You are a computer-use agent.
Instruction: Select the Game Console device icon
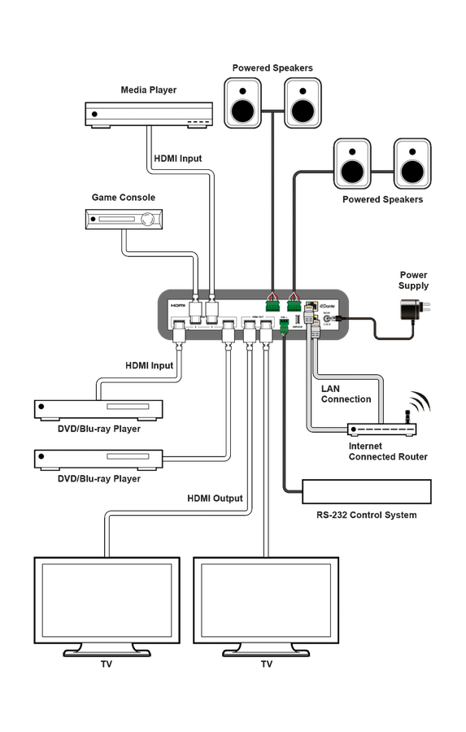coord(124,218)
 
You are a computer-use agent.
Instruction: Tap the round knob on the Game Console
coord(148,218)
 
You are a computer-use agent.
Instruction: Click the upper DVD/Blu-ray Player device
coord(98,409)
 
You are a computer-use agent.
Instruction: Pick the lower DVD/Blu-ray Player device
coord(98,459)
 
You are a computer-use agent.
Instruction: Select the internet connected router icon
coord(381,429)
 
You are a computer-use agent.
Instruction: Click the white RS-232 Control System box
coord(366,492)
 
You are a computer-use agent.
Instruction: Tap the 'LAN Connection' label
coord(346,394)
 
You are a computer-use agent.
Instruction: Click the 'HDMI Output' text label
coord(215,499)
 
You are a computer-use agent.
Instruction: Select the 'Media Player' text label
coord(148,90)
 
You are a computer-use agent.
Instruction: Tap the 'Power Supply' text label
coord(413,281)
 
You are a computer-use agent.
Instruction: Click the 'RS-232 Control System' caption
coord(366,515)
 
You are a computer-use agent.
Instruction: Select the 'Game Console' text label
coord(124,198)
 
